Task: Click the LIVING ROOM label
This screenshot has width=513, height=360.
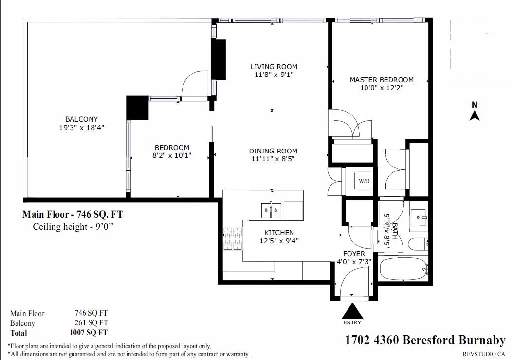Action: [274, 67]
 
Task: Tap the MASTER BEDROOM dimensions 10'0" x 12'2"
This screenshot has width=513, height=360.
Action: [382, 88]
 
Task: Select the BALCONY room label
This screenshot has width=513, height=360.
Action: [81, 119]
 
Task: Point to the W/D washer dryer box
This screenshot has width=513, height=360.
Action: [364, 181]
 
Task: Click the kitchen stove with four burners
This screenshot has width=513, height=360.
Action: [233, 239]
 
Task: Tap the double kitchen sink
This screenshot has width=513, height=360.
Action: [271, 210]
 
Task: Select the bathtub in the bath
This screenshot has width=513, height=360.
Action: [403, 268]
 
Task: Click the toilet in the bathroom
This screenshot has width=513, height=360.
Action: [418, 244]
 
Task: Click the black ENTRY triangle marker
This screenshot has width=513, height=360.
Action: [352, 311]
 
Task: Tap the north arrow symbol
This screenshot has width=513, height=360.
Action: [475, 115]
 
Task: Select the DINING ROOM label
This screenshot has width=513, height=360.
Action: [273, 151]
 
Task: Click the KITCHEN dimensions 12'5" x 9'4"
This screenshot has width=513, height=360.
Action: [279, 241]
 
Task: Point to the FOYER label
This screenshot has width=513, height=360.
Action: [354, 254]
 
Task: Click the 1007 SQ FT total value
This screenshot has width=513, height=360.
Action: [89, 333]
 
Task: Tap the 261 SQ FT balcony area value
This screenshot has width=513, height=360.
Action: [92, 322]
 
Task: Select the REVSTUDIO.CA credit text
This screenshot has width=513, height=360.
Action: [484, 354]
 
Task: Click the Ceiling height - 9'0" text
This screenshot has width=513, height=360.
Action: [73, 227]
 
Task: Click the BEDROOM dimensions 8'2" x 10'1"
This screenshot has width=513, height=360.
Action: [172, 155]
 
